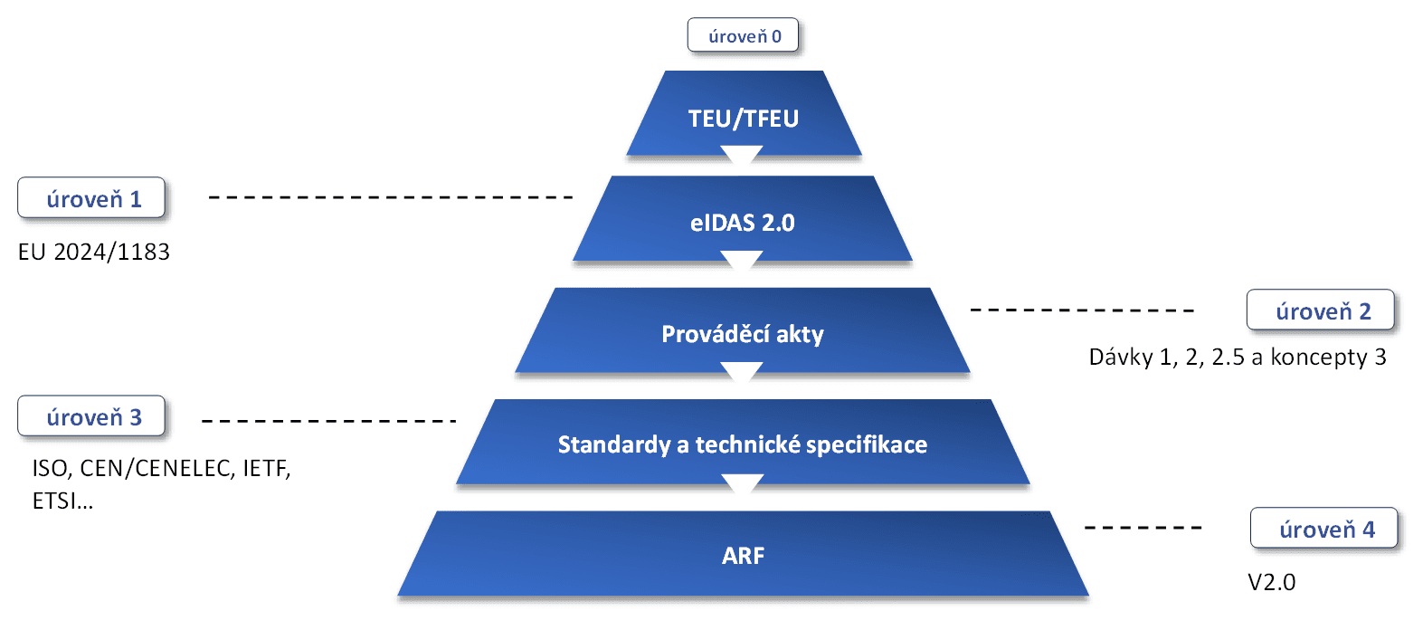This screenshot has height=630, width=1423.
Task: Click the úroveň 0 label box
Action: pyautogui.click(x=743, y=35)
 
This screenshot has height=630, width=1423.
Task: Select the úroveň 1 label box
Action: pyautogui.click(x=91, y=197)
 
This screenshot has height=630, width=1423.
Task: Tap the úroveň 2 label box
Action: pyautogui.click(x=1321, y=310)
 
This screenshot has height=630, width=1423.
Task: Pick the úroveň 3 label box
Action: pyautogui.click(x=91, y=416)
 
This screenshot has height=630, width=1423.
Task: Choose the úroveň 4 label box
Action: pyautogui.click(x=1324, y=528)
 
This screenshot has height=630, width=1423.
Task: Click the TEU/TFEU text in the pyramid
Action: pyautogui.click(x=744, y=119)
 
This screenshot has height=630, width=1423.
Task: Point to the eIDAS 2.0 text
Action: pyautogui.click(x=743, y=224)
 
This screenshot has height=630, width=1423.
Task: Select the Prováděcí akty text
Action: pyautogui.click(x=743, y=334)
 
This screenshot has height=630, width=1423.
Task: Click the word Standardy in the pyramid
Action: pyautogui.click(x=614, y=445)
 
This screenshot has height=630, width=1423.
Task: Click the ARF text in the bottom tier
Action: pyautogui.click(x=744, y=556)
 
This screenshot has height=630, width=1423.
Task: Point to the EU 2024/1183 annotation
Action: pyautogui.click(x=94, y=253)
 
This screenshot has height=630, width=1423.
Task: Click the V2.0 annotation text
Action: pyautogui.click(x=1272, y=582)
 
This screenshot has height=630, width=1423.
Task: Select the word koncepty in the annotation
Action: pyautogui.click(x=1317, y=358)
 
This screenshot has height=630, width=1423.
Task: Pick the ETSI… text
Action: pyautogui.click(x=63, y=501)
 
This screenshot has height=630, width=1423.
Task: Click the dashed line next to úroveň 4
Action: pyautogui.click(x=1143, y=528)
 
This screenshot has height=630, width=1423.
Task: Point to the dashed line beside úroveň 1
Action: pyautogui.click(x=391, y=197)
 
